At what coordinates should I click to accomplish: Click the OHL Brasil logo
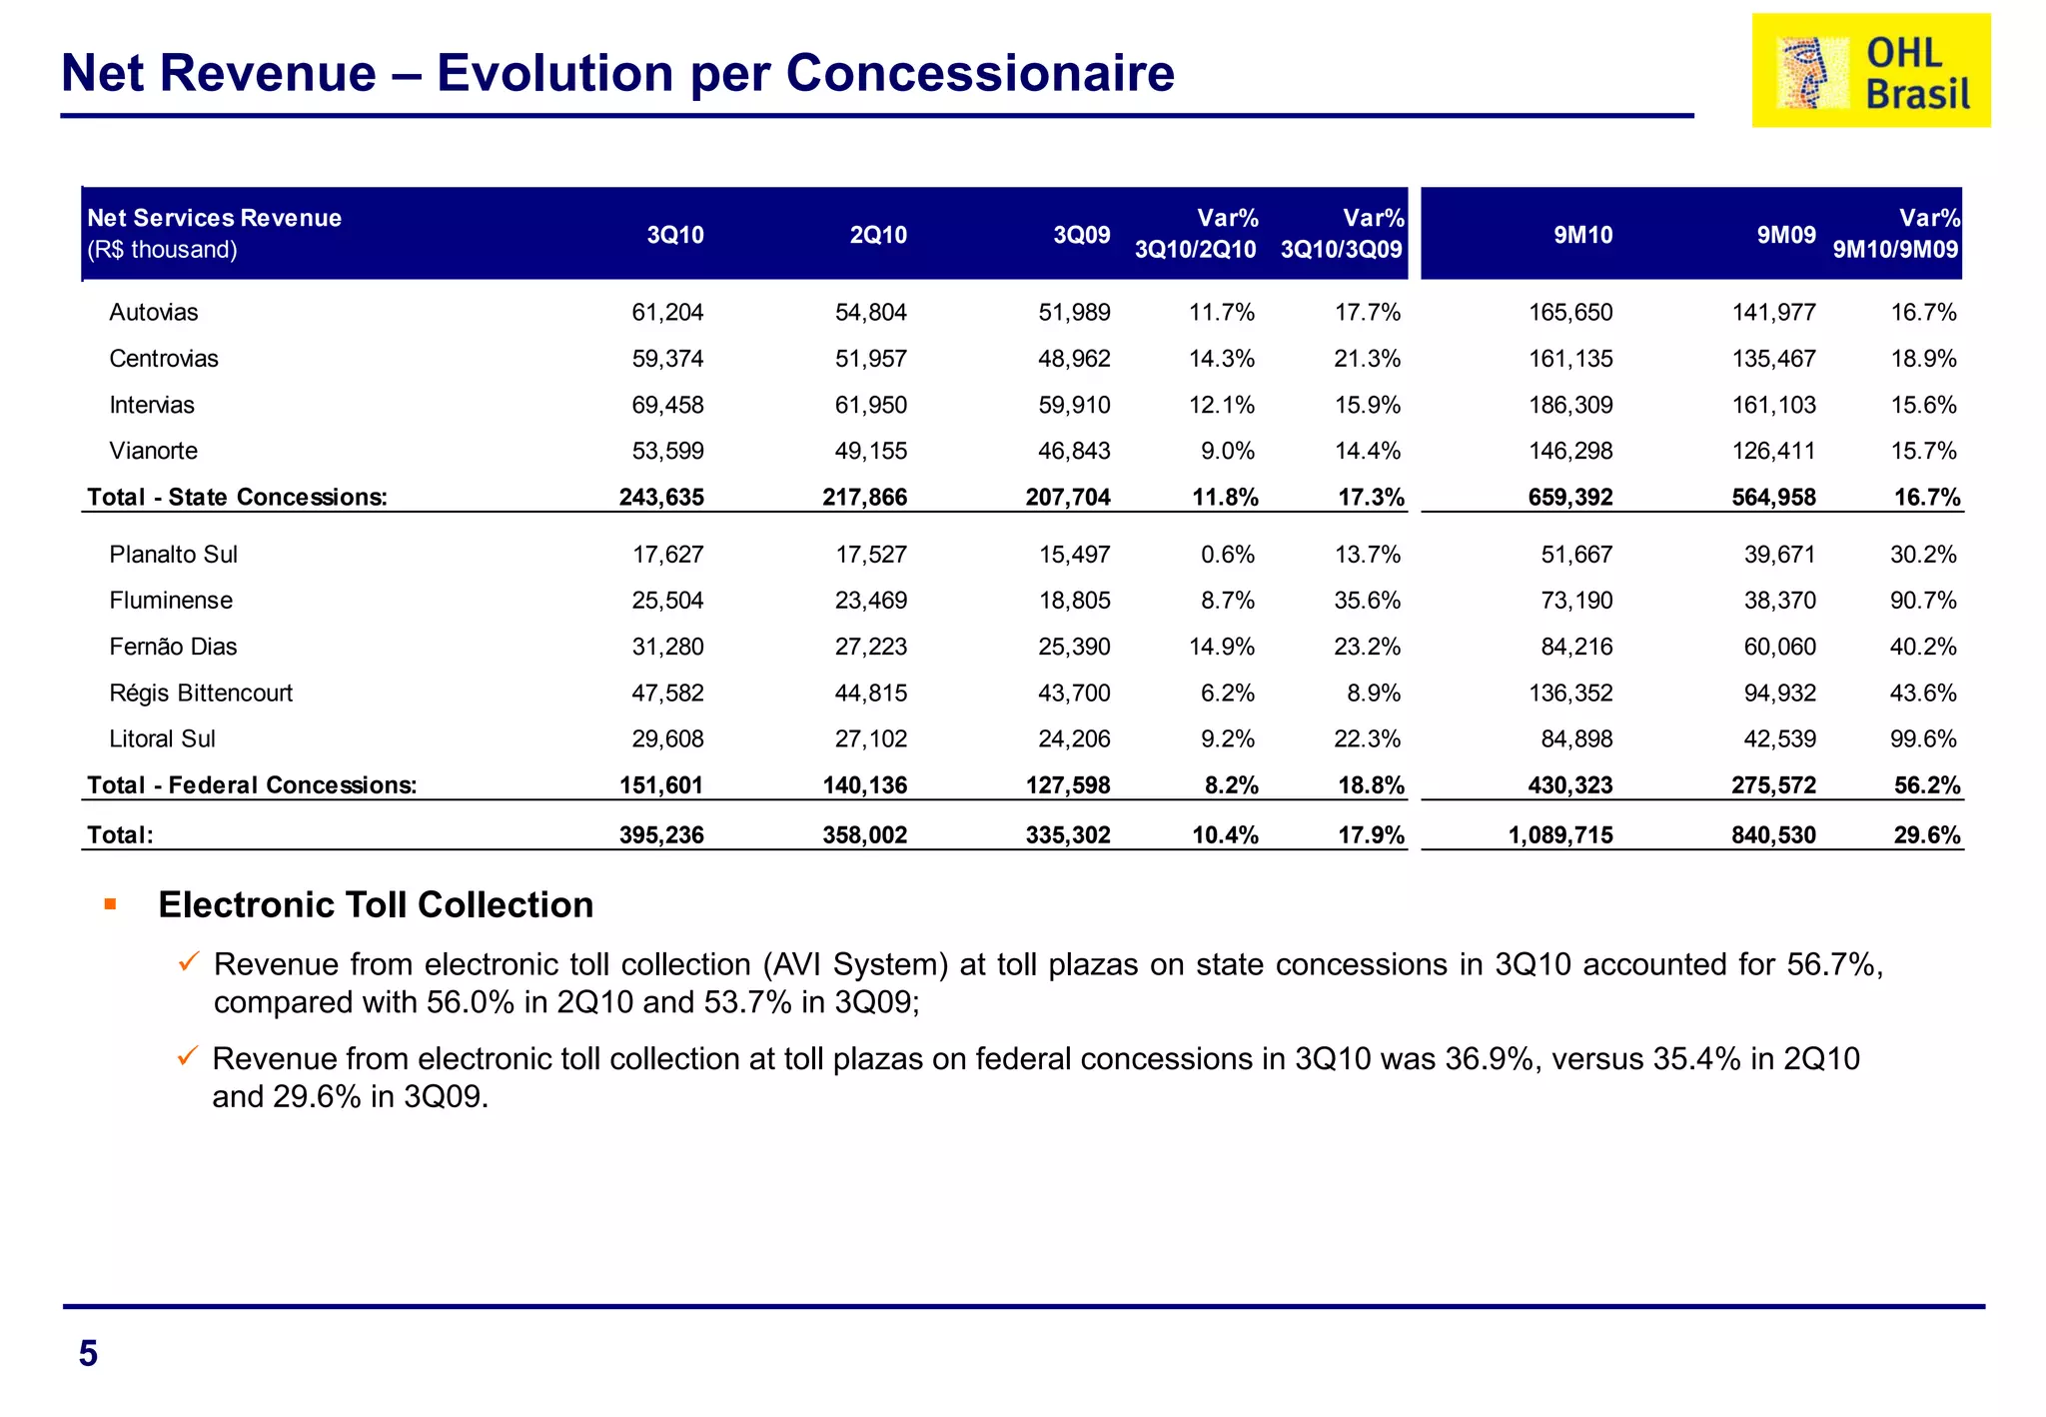(1870, 71)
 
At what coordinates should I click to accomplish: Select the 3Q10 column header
(675, 236)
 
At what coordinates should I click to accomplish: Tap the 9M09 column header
(1786, 236)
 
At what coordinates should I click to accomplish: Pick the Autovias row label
(154, 313)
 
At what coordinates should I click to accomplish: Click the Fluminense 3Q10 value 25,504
(667, 601)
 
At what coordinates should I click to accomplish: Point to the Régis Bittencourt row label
(201, 694)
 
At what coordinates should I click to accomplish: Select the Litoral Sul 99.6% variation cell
(1923, 739)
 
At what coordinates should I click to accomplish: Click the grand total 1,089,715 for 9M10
(1560, 835)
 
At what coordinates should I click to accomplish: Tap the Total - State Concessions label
(237, 498)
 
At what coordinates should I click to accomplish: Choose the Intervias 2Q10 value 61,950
(871, 406)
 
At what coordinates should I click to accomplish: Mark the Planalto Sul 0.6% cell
(1228, 555)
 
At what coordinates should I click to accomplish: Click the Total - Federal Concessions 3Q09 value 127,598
(1068, 785)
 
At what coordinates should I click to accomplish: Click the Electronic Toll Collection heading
(376, 905)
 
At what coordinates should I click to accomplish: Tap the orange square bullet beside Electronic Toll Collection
(111, 905)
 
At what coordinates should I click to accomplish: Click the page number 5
(88, 1354)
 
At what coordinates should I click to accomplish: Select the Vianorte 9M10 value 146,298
(1570, 452)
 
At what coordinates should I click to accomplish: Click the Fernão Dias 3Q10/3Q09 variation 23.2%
(1367, 648)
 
